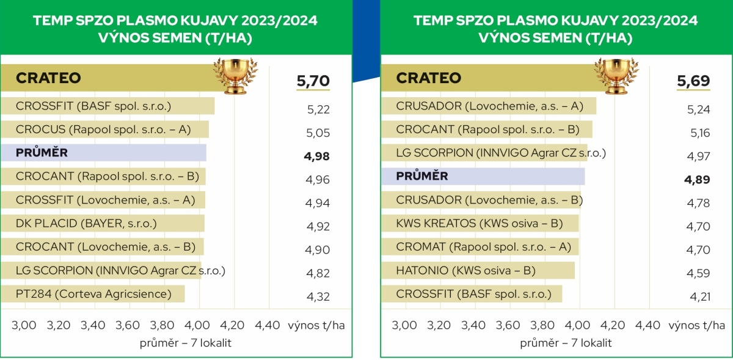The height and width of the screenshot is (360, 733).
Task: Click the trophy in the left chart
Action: [236, 76]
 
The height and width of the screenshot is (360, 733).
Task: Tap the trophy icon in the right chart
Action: [616, 76]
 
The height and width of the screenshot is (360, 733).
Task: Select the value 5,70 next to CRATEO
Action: [313, 81]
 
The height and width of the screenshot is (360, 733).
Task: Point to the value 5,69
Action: [693, 81]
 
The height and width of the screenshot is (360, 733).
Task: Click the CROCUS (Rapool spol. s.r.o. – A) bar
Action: [104, 130]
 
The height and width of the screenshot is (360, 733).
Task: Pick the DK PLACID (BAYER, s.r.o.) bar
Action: [103, 224]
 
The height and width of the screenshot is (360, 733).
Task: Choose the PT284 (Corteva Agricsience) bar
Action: [93, 294]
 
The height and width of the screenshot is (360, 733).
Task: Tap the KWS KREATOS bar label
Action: [480, 224]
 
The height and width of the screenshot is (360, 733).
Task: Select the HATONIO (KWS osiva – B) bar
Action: [478, 270]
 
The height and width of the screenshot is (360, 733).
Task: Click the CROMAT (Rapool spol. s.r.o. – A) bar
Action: [480, 247]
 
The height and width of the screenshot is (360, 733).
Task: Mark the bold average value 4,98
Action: [316, 156]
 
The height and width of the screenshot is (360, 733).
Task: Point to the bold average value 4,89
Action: [697, 180]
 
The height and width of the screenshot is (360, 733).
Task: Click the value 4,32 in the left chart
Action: [318, 296]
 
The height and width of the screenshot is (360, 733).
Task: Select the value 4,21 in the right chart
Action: [700, 296]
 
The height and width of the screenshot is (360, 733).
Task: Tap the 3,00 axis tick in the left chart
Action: [24, 325]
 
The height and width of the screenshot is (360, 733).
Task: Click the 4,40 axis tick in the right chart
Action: [647, 325]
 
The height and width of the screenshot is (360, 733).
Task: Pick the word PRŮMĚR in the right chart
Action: [422, 176]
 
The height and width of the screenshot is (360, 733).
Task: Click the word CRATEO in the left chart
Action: [48, 78]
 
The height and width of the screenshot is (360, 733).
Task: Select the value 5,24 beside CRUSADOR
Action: [699, 109]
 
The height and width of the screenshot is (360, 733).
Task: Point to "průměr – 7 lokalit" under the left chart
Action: [186, 343]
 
